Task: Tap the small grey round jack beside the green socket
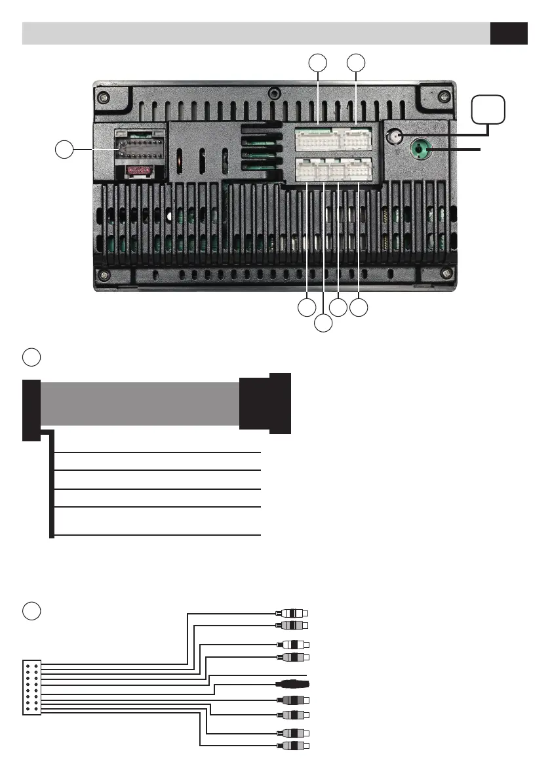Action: click(395, 137)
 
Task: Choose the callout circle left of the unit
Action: click(64, 150)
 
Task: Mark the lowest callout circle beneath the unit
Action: click(323, 323)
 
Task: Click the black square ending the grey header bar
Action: click(509, 33)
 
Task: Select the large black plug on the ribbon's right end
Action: click(265, 404)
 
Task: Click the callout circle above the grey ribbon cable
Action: click(31, 357)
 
